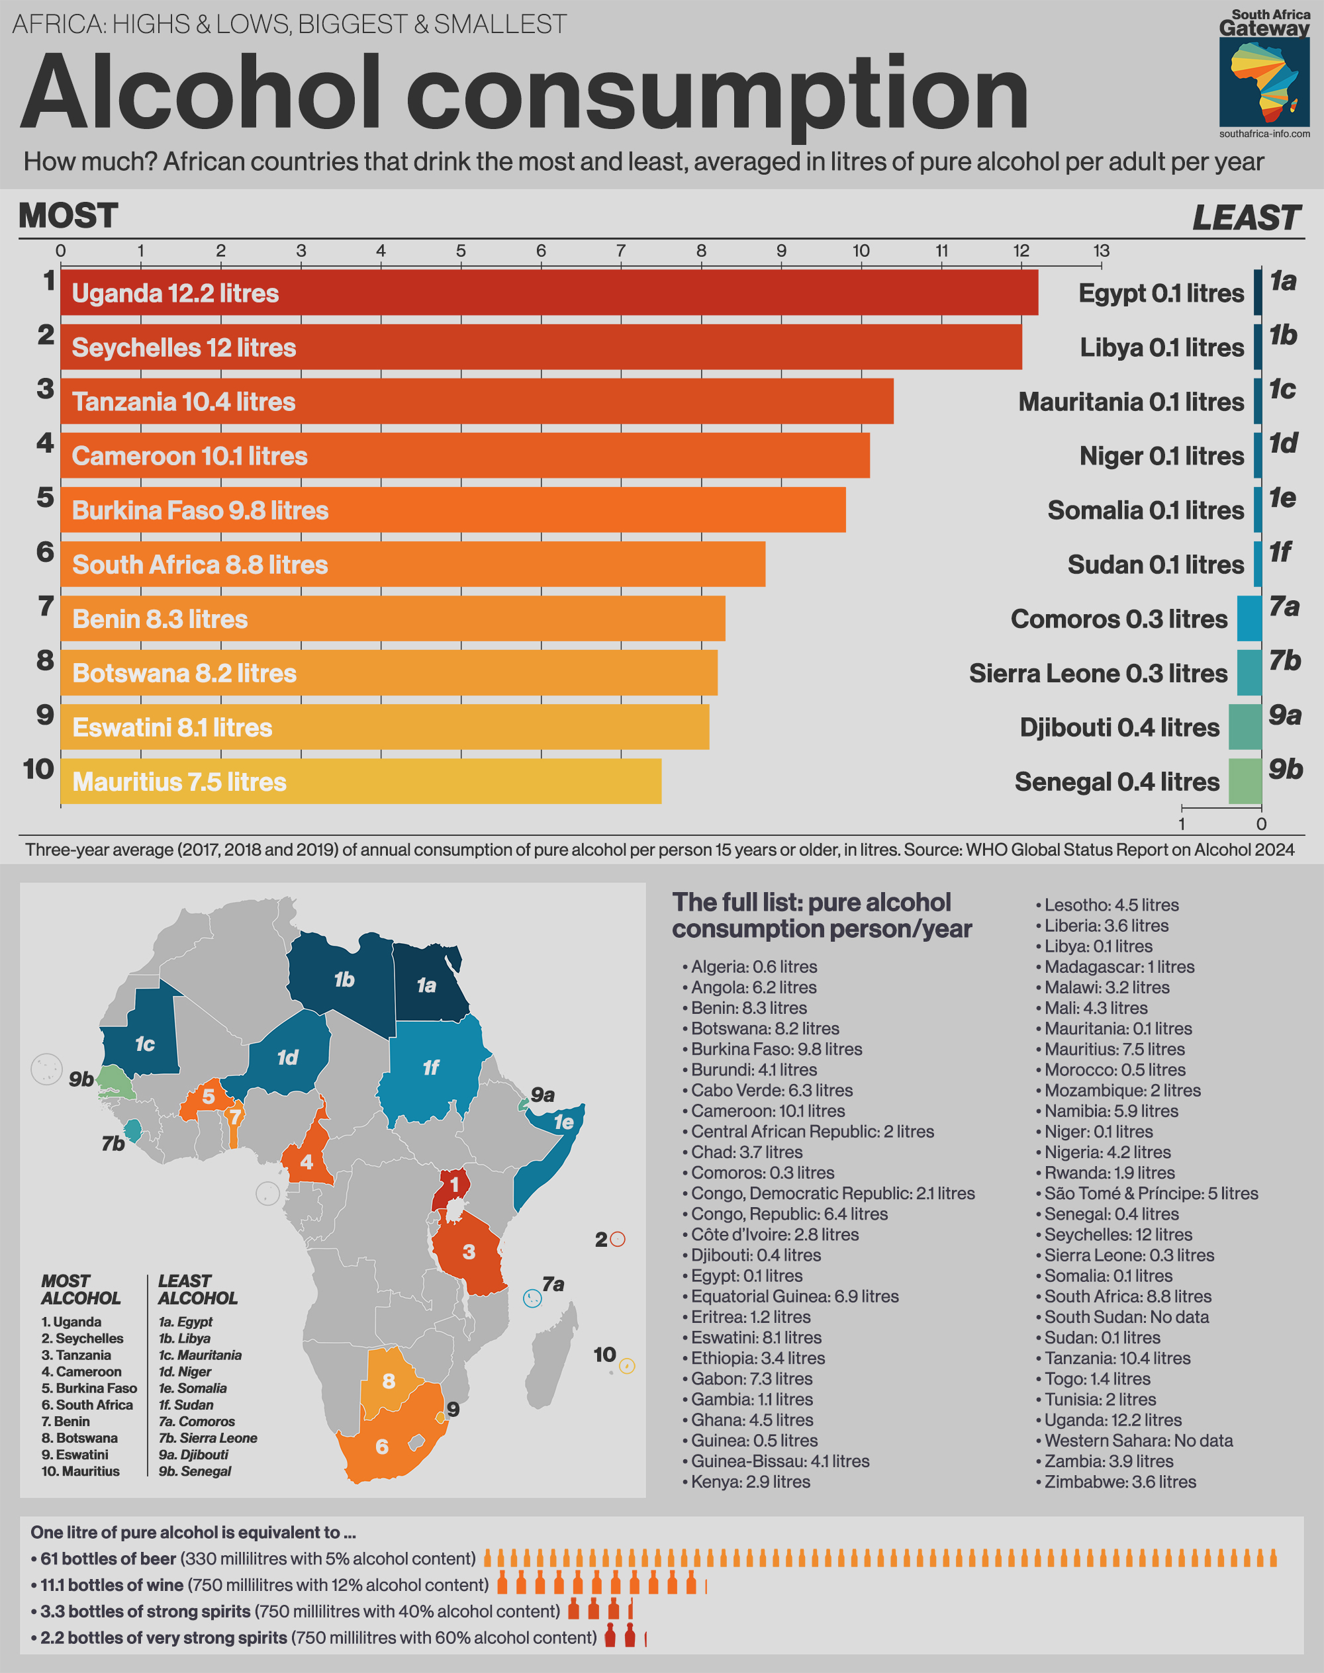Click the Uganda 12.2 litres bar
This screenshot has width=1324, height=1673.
549,293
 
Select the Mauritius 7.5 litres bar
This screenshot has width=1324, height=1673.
360,781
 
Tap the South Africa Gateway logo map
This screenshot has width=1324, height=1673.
1264,82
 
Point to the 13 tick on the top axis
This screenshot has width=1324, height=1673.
1101,251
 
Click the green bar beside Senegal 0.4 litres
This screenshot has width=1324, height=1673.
1245,781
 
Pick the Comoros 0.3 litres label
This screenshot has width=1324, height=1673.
1119,619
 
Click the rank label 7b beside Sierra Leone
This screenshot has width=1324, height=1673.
1284,661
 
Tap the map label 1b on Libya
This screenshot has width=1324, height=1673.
344,980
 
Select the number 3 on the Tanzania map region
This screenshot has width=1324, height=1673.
468,1251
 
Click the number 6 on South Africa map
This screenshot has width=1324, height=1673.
381,1447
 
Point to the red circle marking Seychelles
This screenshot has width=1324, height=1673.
618,1239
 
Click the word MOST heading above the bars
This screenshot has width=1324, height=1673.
68,216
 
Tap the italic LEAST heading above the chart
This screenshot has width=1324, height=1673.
1246,218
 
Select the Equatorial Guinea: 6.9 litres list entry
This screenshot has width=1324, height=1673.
794,1296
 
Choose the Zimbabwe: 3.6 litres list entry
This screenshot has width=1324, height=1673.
1120,1482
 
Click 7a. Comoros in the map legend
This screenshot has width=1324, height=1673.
197,1421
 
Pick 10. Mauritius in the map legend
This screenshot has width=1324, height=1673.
81,1470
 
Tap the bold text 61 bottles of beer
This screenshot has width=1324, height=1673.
108,1559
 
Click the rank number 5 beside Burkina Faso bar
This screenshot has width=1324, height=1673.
46,498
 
